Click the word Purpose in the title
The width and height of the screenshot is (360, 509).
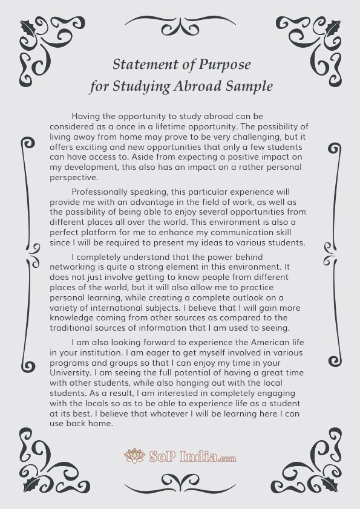pyautogui.click(x=222, y=64)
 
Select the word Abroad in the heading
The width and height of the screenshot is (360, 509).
pyautogui.click(x=201, y=86)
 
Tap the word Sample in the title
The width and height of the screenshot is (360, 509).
pyautogui.click(x=249, y=86)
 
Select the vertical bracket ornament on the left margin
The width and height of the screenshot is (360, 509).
pyautogui.click(x=28, y=254)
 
